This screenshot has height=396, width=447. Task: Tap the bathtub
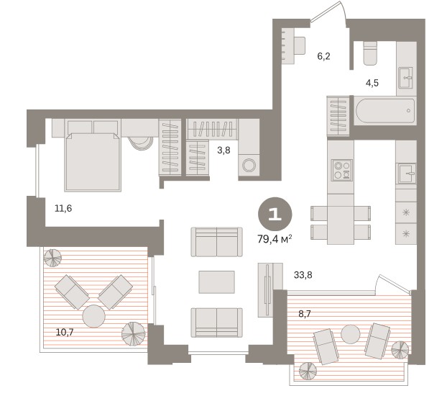tap(385, 111)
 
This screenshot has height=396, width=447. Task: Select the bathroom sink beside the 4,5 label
tap(405, 78)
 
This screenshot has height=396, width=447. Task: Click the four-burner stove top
tap(342, 170)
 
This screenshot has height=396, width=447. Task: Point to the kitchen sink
tap(407, 174)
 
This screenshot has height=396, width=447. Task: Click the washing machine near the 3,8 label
tap(249, 165)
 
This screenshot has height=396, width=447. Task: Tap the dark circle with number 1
tap(275, 214)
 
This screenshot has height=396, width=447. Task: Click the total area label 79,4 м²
tap(275, 239)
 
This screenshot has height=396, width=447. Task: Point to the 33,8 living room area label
tap(303, 275)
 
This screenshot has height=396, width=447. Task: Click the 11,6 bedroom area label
tap(63, 209)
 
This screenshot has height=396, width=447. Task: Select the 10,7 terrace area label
tap(65, 333)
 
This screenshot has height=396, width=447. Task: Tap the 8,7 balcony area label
tap(305, 314)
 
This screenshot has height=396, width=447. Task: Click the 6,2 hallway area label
tap(323, 56)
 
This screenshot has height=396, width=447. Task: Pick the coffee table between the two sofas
tap(216, 282)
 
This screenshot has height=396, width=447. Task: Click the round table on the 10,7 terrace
tap(94, 316)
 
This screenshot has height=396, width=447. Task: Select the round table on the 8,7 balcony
tap(351, 334)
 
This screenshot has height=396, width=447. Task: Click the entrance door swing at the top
tap(328, 13)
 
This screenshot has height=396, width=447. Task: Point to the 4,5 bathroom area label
tap(372, 83)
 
